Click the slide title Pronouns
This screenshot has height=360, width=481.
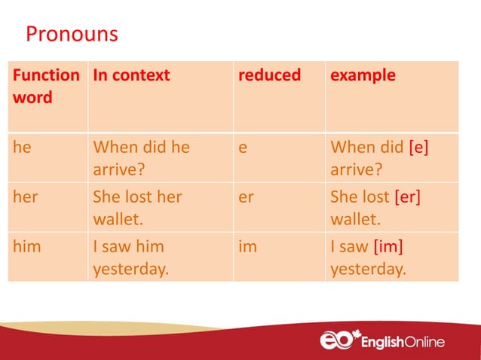pos(72,35)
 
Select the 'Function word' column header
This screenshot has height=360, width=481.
pos(46,86)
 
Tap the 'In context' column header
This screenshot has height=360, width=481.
pos(131,75)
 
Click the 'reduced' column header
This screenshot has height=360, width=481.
pos(269,75)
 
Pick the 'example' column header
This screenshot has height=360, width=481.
pos(363,75)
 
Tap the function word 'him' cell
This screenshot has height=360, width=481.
pos(27,246)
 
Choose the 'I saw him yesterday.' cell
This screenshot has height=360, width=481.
pos(130,257)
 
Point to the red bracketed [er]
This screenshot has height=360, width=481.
pos(407,197)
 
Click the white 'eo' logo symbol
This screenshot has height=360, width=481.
pos(335,340)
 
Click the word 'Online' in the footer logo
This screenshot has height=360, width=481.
pos(421,342)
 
